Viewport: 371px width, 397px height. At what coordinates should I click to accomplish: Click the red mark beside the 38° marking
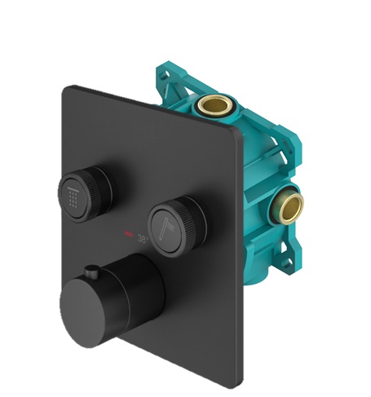pos(128,237)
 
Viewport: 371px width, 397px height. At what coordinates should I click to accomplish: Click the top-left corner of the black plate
pos(66,89)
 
